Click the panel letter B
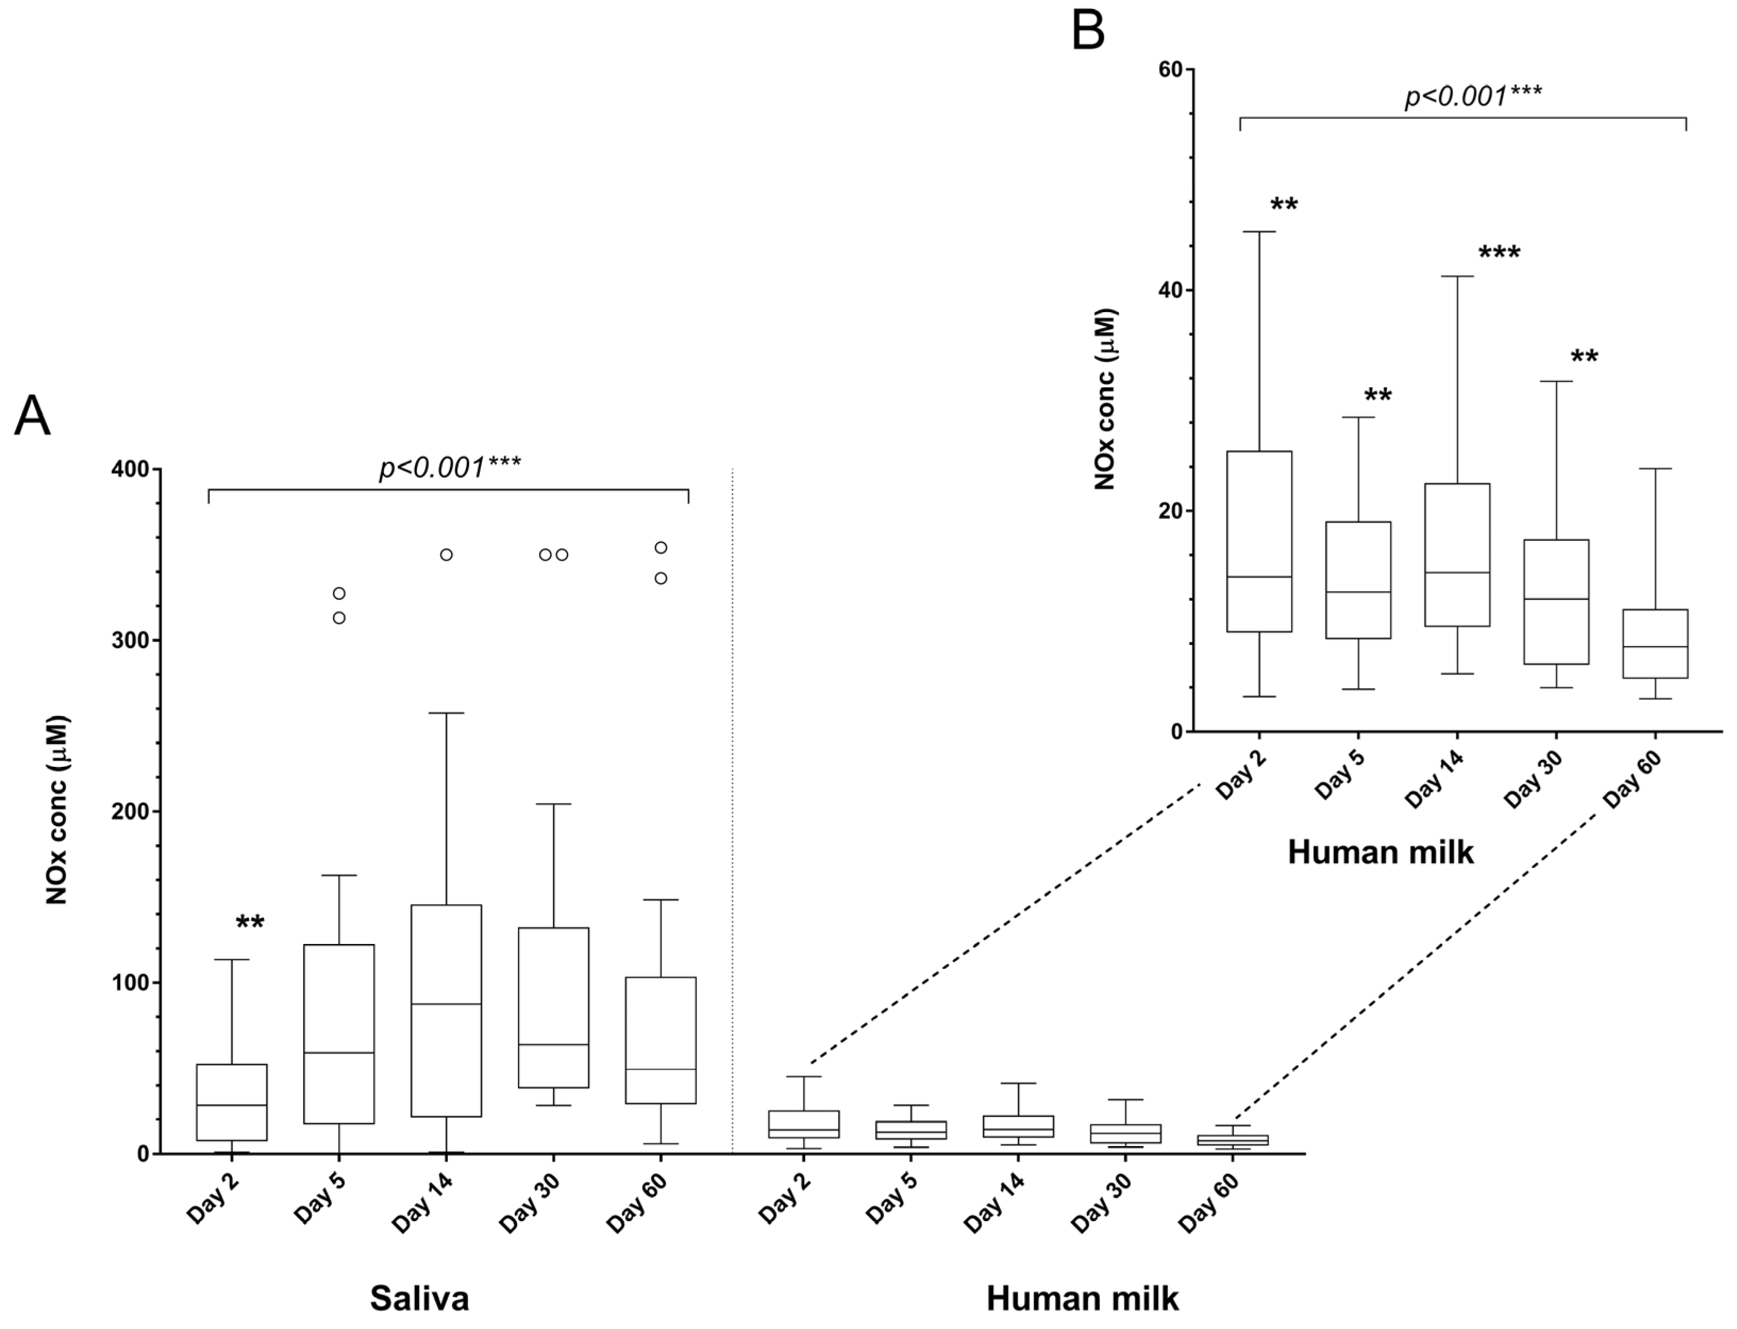click(1088, 32)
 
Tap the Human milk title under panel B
click(1380, 852)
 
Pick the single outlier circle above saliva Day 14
click(446, 555)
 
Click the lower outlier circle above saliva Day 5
click(339, 618)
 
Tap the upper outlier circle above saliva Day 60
click(661, 547)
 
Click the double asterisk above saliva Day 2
click(250, 922)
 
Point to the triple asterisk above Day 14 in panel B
click(1499, 253)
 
